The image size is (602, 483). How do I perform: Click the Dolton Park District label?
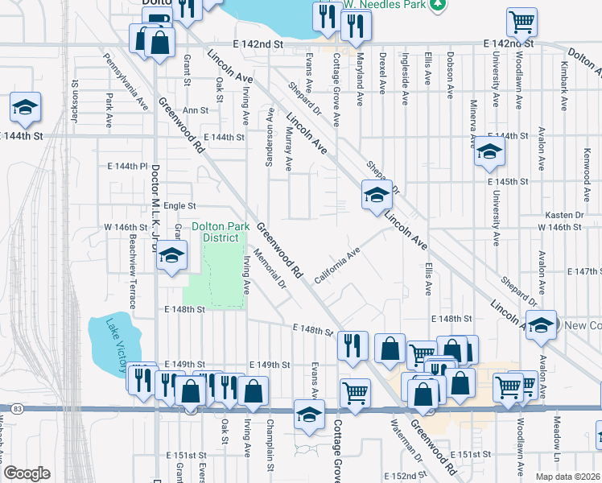(x=215, y=232)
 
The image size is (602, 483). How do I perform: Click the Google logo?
(x=27, y=473)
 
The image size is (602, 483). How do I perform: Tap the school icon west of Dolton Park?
(x=171, y=258)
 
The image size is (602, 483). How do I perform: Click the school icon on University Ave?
(x=489, y=151)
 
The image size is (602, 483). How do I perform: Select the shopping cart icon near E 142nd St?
(x=522, y=22)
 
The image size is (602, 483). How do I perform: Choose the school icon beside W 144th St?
(x=26, y=107)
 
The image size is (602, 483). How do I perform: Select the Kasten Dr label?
(x=563, y=215)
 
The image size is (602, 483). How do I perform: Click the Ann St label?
(x=195, y=110)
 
